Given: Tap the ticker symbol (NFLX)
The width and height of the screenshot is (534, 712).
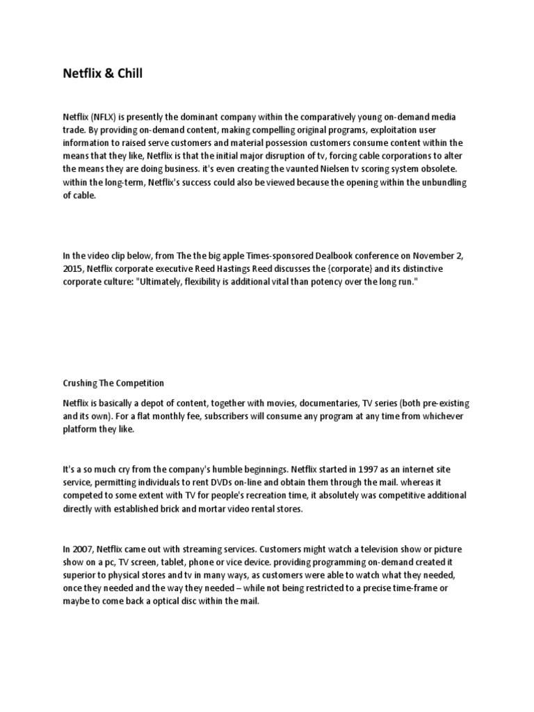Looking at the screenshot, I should (x=104, y=117).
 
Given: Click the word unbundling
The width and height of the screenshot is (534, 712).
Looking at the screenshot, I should (x=437, y=183).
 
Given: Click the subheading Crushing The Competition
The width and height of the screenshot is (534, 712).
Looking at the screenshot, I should (x=113, y=383).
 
